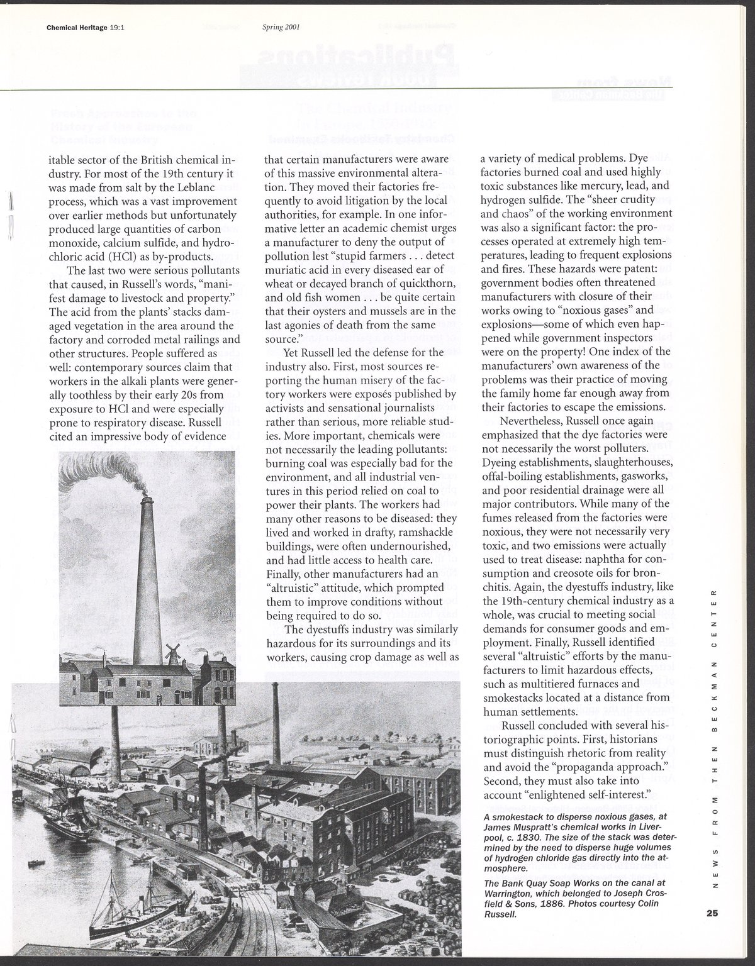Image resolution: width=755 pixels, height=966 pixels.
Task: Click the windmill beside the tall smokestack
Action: [x=171, y=654]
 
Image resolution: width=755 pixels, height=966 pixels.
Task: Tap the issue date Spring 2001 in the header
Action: [x=280, y=27]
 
